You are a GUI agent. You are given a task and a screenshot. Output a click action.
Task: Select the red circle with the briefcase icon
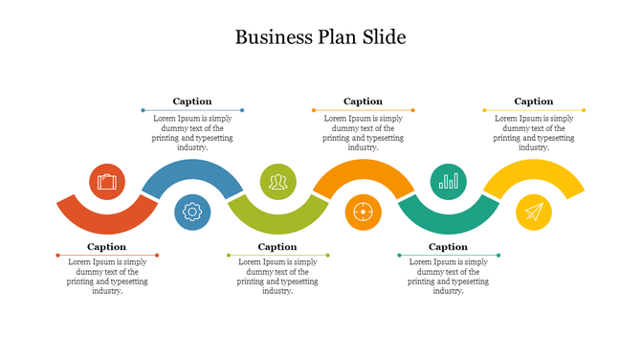pyautogui.click(x=107, y=181)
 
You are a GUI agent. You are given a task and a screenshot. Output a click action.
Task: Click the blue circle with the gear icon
pyautogui.click(x=192, y=212)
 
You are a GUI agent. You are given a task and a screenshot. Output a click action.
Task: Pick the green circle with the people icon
pyautogui.click(x=277, y=181)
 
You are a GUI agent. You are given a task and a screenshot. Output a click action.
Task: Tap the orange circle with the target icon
pyautogui.click(x=363, y=212)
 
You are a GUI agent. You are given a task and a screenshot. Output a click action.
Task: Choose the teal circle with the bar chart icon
pyautogui.click(x=448, y=181)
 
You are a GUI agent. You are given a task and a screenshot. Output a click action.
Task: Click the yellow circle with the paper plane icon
pyautogui.click(x=534, y=212)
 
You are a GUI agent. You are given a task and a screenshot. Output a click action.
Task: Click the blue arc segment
pyautogui.click(x=192, y=169)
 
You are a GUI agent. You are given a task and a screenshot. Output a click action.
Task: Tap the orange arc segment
pyautogui.click(x=363, y=169)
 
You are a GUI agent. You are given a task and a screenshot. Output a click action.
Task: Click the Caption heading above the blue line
pyautogui.click(x=192, y=101)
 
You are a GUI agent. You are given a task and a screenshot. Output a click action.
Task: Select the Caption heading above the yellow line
pyautogui.click(x=534, y=101)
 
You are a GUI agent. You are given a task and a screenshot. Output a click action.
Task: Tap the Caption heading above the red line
pyautogui.click(x=107, y=247)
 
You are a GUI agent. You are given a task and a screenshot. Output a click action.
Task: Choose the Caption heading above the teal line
pyautogui.click(x=448, y=247)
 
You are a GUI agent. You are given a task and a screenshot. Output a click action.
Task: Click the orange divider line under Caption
pyautogui.click(x=363, y=110)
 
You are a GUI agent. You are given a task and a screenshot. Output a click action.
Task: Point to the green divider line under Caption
pyautogui.click(x=277, y=256)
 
